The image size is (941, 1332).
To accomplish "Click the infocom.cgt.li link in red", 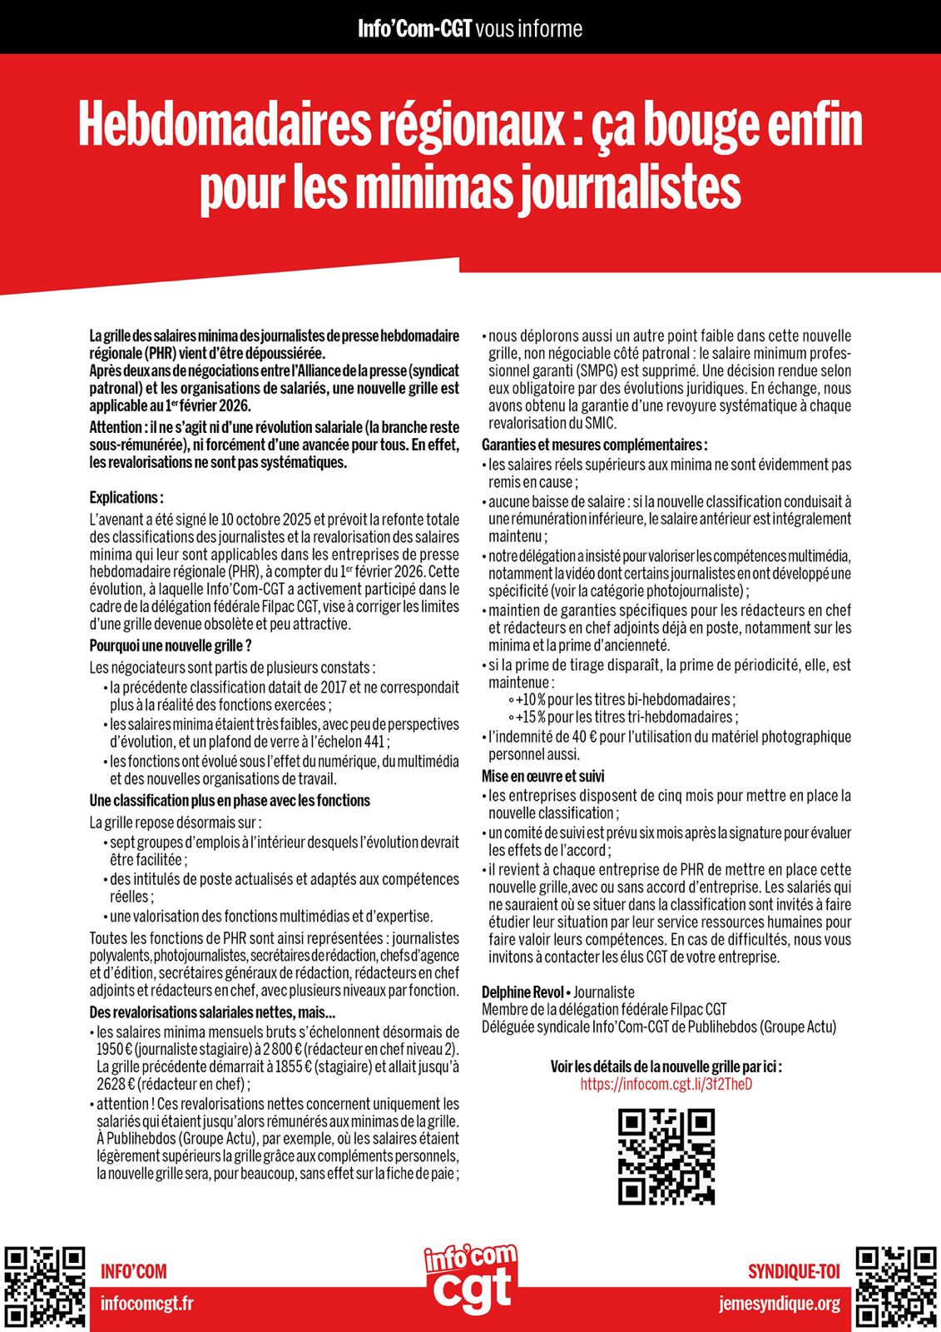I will tap(666, 1085).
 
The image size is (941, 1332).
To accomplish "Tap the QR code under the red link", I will tap(666, 1156).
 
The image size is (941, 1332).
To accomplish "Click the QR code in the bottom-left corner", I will tap(45, 1286).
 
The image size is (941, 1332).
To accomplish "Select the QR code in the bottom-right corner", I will tap(896, 1286).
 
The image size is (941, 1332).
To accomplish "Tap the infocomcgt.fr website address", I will tap(146, 1303).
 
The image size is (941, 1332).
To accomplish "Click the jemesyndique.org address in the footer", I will tap(780, 1303).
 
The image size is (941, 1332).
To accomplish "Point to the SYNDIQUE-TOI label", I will tap(794, 1271).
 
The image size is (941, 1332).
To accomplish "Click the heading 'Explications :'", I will tap(126, 498).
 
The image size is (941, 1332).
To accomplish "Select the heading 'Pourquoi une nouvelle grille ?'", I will tap(171, 646).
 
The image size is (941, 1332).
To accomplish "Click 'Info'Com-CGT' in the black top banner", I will tap(414, 29).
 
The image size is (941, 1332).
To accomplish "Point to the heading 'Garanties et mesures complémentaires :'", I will tap(595, 445).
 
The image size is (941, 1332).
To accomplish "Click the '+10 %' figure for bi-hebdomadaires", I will tap(530, 699).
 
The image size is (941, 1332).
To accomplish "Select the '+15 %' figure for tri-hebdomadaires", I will tap(530, 717).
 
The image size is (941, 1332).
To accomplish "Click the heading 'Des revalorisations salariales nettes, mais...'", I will tap(212, 1012).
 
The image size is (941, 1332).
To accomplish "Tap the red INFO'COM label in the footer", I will tap(133, 1271).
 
